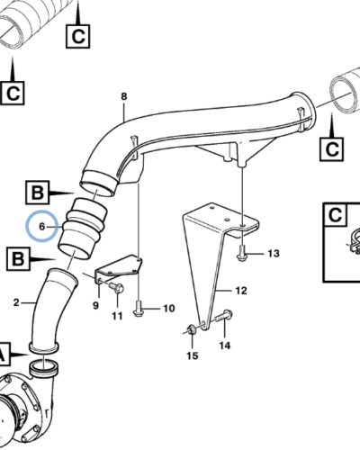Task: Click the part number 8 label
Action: coord(124,96)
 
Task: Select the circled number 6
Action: coord(40,225)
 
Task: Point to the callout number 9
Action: coord(95,307)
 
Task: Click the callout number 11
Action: coord(116,317)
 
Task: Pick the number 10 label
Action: coord(167,309)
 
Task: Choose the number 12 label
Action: coord(240,291)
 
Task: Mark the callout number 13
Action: coord(274,253)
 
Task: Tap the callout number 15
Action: coord(190,357)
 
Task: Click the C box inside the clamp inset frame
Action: coord(335,216)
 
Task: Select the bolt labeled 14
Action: coord(223,316)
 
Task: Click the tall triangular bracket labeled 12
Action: coord(207,261)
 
